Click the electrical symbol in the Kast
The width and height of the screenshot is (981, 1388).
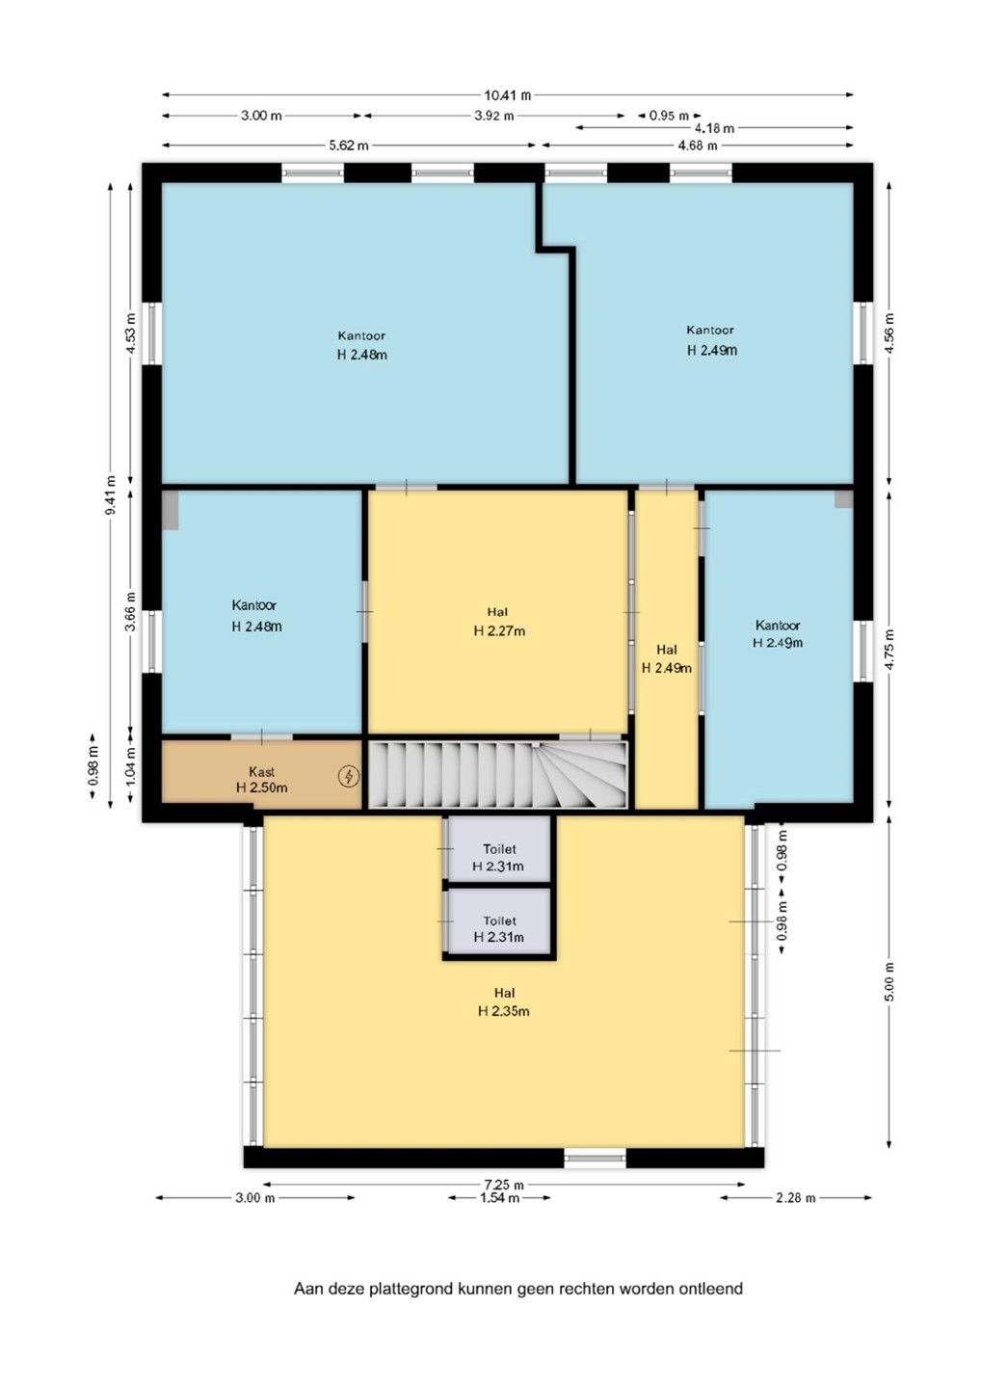click(x=349, y=776)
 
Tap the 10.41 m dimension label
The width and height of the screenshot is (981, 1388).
click(x=507, y=95)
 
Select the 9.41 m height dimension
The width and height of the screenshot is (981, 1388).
click(x=111, y=494)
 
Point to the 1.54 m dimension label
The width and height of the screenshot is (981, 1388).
click(x=500, y=1198)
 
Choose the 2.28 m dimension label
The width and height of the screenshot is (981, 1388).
click(x=796, y=1198)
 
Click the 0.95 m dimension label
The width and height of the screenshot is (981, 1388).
click(x=669, y=116)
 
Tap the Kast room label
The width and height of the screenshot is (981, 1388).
click(x=261, y=771)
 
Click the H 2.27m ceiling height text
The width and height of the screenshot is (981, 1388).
click(x=499, y=630)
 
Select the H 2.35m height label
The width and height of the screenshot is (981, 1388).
click(x=503, y=1011)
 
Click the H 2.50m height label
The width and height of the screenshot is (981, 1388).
click(x=261, y=787)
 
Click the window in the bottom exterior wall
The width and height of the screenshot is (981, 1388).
click(x=595, y=1158)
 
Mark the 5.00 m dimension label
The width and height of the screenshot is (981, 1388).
click(x=889, y=981)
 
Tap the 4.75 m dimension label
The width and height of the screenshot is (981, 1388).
click(x=889, y=650)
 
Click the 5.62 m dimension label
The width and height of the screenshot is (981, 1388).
click(x=348, y=146)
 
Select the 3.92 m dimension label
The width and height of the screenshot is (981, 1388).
click(x=493, y=116)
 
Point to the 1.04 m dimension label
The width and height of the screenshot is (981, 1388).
click(x=131, y=767)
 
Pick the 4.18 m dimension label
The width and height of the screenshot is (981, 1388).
click(x=714, y=129)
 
